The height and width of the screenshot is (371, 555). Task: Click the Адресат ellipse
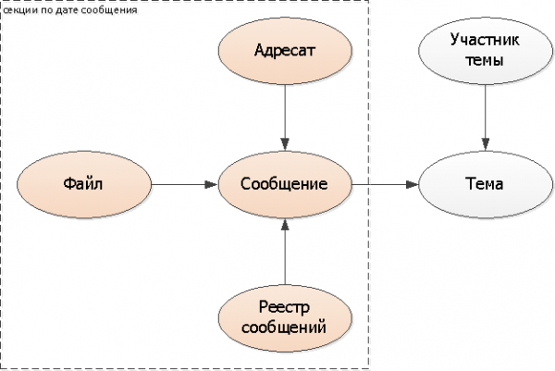click(x=285, y=49)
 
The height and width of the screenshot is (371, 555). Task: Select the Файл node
click(x=82, y=184)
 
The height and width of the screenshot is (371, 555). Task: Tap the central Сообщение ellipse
click(x=285, y=184)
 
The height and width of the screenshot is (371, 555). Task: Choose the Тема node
click(x=485, y=184)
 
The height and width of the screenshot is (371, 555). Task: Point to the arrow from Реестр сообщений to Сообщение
click(x=285, y=254)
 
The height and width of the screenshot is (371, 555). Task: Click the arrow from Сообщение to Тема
click(x=384, y=184)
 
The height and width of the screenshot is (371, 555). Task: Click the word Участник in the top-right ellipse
click(x=485, y=41)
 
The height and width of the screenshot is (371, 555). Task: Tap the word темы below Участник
click(x=485, y=60)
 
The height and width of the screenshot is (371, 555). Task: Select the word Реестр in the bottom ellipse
click(x=285, y=307)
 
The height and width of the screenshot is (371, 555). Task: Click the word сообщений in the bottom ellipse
click(x=285, y=327)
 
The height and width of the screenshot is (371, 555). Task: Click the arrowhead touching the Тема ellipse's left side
click(x=411, y=184)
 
